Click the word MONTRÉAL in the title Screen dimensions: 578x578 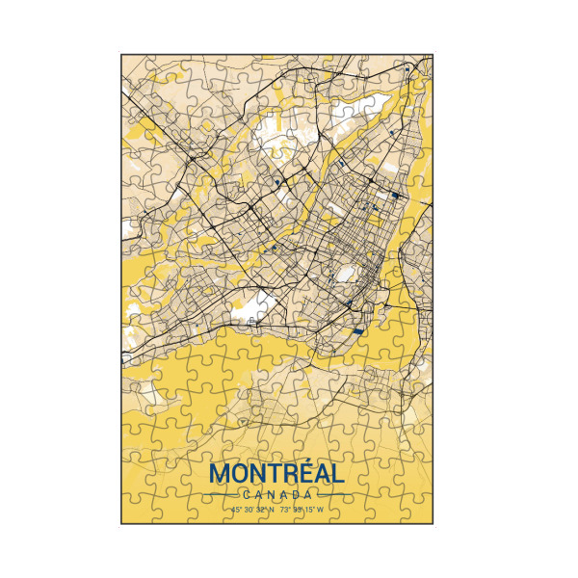[x=276, y=475]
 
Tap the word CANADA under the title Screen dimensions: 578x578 [x=276, y=495]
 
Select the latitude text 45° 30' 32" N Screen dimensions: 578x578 [x=252, y=509]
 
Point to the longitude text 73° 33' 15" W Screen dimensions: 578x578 [x=302, y=509]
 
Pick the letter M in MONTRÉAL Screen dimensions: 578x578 [x=220, y=475]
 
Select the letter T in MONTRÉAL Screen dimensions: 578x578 [x=270, y=475]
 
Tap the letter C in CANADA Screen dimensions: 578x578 [x=248, y=495]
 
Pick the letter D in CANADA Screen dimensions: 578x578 [x=293, y=495]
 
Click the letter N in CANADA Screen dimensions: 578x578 [x=271, y=495]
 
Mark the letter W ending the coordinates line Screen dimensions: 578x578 [x=320, y=509]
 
